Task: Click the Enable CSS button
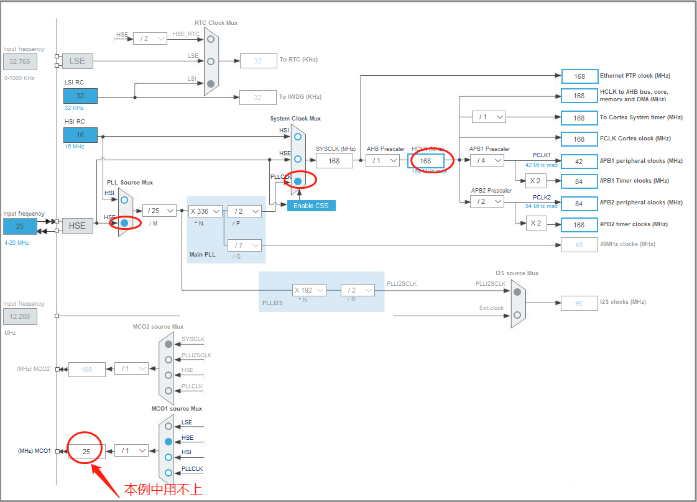(311, 206)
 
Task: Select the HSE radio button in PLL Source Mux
(125, 222)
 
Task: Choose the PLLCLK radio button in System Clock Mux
(298, 181)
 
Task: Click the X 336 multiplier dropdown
(205, 211)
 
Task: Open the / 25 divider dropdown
(159, 211)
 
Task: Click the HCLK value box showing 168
(426, 160)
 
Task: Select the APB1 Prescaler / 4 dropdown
(487, 160)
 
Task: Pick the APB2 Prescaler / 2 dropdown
(487, 201)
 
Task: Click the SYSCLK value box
(335, 161)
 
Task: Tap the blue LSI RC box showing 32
(80, 96)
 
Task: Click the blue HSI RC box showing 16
(80, 135)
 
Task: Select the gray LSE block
(77, 61)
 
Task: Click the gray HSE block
(77, 226)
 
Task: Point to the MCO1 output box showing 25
(86, 452)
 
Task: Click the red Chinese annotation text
(164, 489)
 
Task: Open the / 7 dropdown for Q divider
(244, 245)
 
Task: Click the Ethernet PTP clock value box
(579, 76)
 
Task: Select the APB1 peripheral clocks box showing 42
(579, 161)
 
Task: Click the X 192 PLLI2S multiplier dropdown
(309, 290)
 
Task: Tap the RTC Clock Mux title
(216, 23)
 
